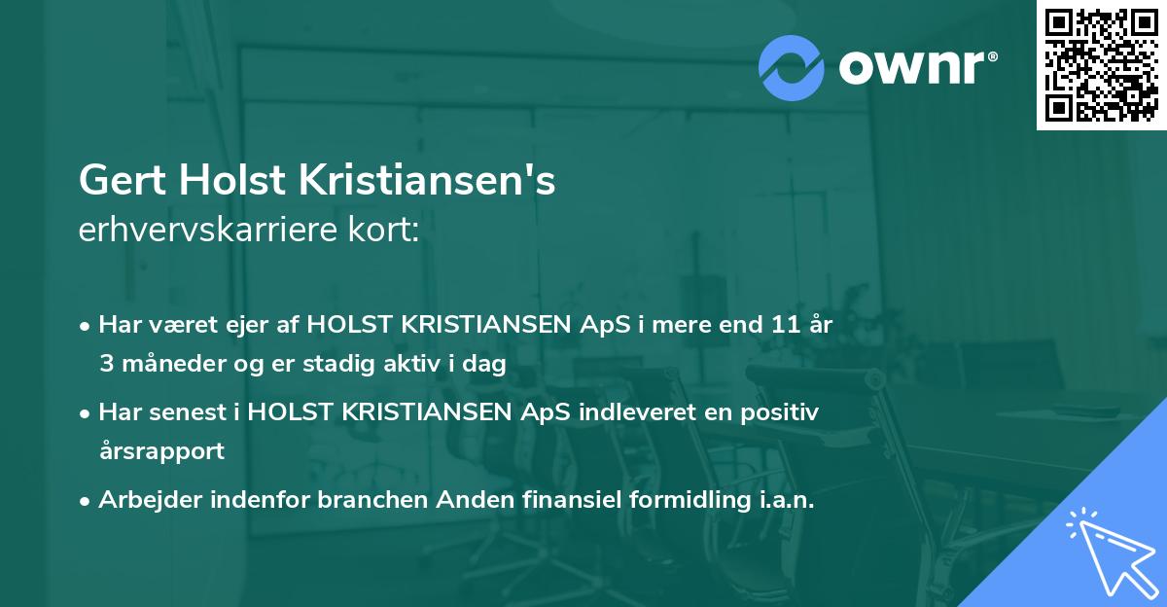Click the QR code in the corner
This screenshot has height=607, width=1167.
coord(1101,64)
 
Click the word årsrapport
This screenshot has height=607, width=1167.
coord(161,451)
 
